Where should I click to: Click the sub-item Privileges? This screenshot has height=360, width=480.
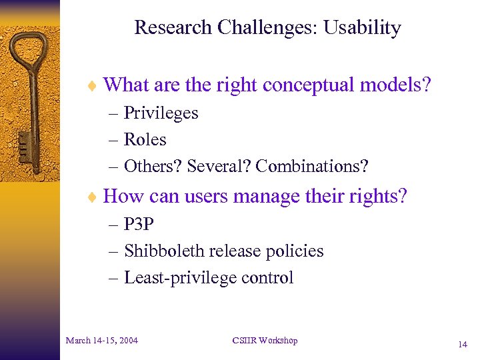[x=161, y=113]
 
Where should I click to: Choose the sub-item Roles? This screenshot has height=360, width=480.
[x=145, y=140]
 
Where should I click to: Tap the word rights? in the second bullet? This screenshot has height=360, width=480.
[x=378, y=197]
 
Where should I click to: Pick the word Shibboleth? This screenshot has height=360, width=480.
[x=164, y=251]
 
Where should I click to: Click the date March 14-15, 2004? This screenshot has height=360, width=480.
[x=102, y=341]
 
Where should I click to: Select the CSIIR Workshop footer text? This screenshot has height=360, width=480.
[x=265, y=341]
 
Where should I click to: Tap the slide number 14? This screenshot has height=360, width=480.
[x=462, y=345]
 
